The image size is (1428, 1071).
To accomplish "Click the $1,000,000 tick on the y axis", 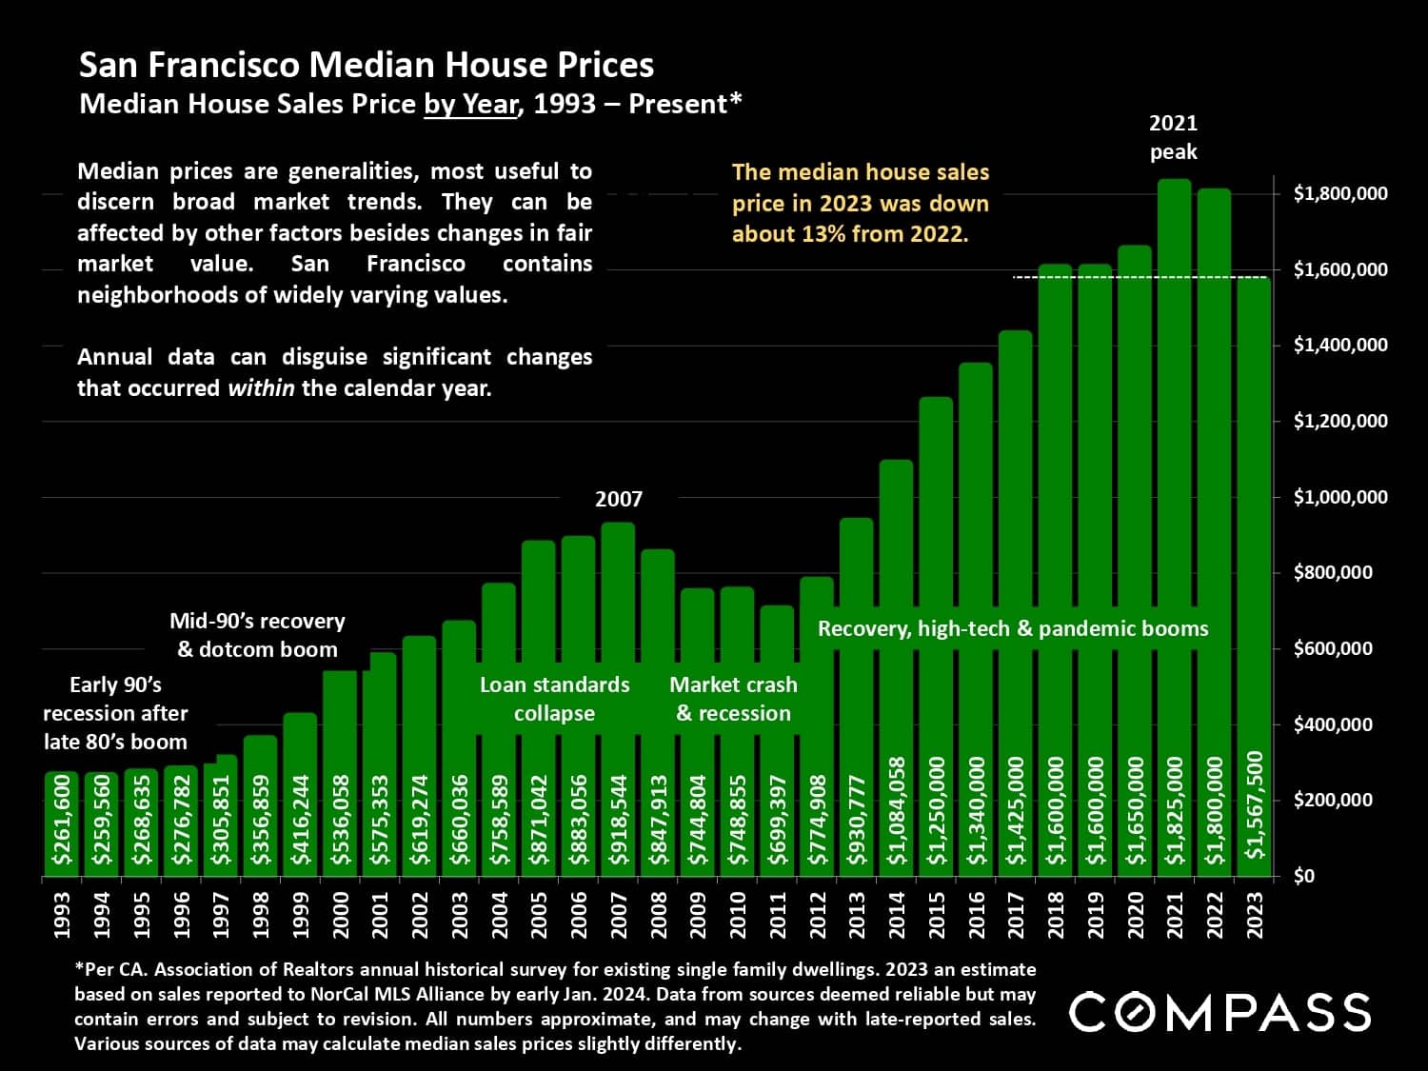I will pos(1339,497).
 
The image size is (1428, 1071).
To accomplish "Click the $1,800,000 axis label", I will pos(1339,193).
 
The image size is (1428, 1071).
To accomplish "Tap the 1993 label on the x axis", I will pos(63,915).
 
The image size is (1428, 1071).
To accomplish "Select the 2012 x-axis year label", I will pos(818,915).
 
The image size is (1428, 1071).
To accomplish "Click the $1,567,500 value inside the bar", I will pos(1255,804).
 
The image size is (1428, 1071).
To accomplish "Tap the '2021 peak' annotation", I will pos(1173,137).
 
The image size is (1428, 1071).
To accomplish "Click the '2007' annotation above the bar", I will pos(619,499).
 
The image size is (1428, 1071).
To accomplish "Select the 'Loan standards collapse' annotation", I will pos(554,699).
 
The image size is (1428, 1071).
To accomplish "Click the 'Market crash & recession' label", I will pos(733,699).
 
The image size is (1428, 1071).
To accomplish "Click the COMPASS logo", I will pos(1220,1012).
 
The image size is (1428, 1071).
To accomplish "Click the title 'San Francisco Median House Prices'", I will pos(367,65).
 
